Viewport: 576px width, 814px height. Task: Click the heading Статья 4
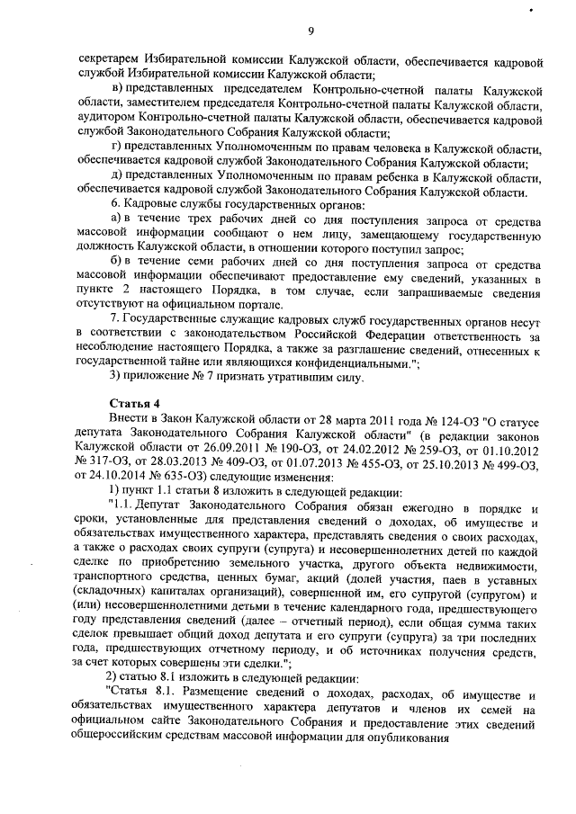133,400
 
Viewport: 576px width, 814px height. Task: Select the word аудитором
105,118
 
